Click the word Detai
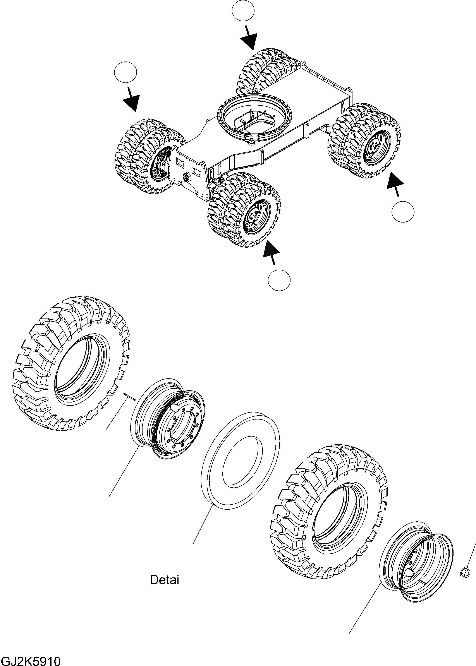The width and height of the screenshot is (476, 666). (x=164, y=580)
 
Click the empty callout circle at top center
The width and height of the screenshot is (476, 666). (x=243, y=10)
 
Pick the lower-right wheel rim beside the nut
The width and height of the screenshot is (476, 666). (x=416, y=562)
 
